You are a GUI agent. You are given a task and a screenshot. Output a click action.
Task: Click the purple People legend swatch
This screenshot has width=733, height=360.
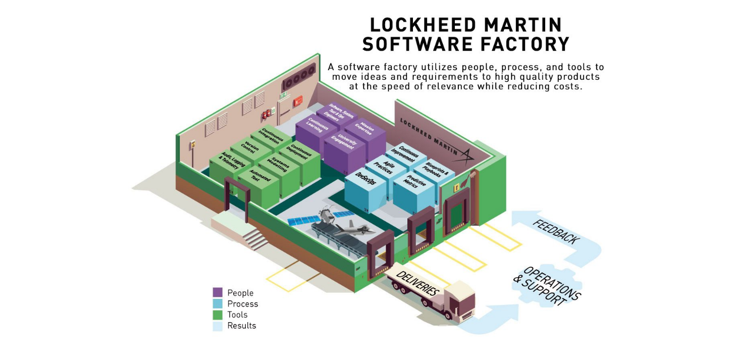218,292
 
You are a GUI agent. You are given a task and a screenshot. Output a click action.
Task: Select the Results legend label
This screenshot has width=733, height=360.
241,326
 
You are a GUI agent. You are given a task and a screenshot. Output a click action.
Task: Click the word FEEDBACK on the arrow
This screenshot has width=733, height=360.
556,232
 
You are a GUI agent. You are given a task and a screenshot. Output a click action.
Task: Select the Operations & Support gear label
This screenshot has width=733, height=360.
545,286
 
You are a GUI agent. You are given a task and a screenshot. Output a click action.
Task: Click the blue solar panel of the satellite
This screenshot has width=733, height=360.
302,221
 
